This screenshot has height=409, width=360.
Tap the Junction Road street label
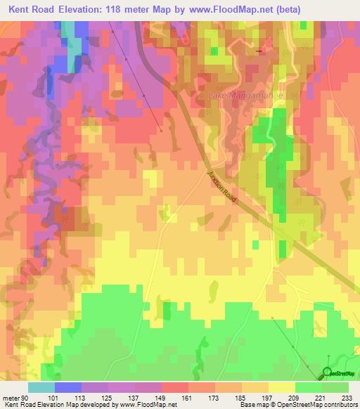222,188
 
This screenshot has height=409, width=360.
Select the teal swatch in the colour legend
41,387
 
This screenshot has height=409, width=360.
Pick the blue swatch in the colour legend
67,387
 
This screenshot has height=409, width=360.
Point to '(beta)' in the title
284,9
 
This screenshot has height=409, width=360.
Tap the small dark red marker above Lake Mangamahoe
261,51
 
